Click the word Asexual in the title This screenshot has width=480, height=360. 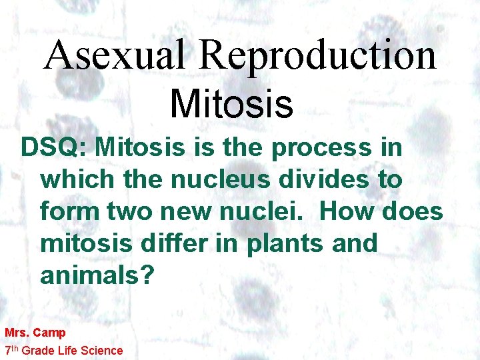pos(113,55)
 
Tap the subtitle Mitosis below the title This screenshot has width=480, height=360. pos(231,104)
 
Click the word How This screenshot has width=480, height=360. pos(348,212)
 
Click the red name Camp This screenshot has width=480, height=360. pos(49,333)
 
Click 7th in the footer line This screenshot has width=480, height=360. pos(11,350)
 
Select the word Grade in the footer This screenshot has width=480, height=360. pos(39,350)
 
